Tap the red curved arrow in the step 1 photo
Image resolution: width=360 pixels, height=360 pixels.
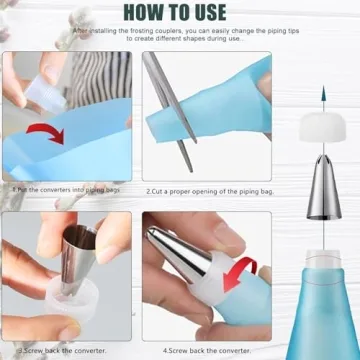point(66,134)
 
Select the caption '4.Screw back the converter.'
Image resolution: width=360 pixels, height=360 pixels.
point(189,352)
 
